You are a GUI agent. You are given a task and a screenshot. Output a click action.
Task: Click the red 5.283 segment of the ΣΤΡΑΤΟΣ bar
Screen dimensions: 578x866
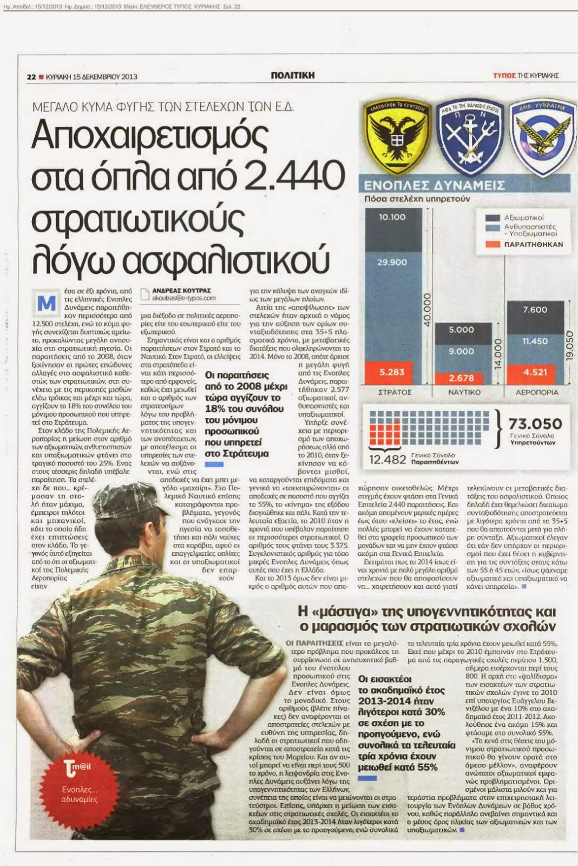pos(393,372)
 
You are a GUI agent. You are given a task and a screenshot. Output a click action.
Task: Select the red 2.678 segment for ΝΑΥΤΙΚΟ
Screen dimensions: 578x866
pos(461,378)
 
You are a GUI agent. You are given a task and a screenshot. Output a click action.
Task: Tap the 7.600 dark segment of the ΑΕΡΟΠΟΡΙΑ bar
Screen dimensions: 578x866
pos(535,310)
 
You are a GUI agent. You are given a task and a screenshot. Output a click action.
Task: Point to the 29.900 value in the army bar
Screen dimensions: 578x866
pos(392,262)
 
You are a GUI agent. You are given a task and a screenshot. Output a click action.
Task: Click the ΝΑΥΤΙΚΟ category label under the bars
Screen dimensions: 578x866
pos(464,392)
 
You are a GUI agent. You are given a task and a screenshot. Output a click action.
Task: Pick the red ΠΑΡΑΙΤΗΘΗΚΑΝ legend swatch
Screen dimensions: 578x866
pos(492,244)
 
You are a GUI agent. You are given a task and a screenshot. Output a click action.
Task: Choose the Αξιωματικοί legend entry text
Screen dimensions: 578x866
pos(524,218)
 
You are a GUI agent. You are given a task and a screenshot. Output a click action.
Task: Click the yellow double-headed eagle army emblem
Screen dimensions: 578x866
pos(397,136)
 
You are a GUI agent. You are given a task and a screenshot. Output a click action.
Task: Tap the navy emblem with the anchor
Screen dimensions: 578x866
pos(469,136)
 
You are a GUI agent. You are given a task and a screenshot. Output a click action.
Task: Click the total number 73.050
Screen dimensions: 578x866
pos(535,424)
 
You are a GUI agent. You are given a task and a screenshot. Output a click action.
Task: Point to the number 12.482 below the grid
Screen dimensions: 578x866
pos(387,460)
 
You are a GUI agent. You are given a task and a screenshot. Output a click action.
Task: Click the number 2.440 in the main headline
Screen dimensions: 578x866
pos(294,176)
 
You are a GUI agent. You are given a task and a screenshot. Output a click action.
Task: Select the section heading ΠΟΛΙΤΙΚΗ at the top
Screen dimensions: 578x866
pos(292,76)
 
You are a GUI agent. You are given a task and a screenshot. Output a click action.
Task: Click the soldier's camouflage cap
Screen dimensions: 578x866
pos(130,501)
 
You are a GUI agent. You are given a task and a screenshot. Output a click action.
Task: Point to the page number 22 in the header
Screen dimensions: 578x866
pos(31,77)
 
